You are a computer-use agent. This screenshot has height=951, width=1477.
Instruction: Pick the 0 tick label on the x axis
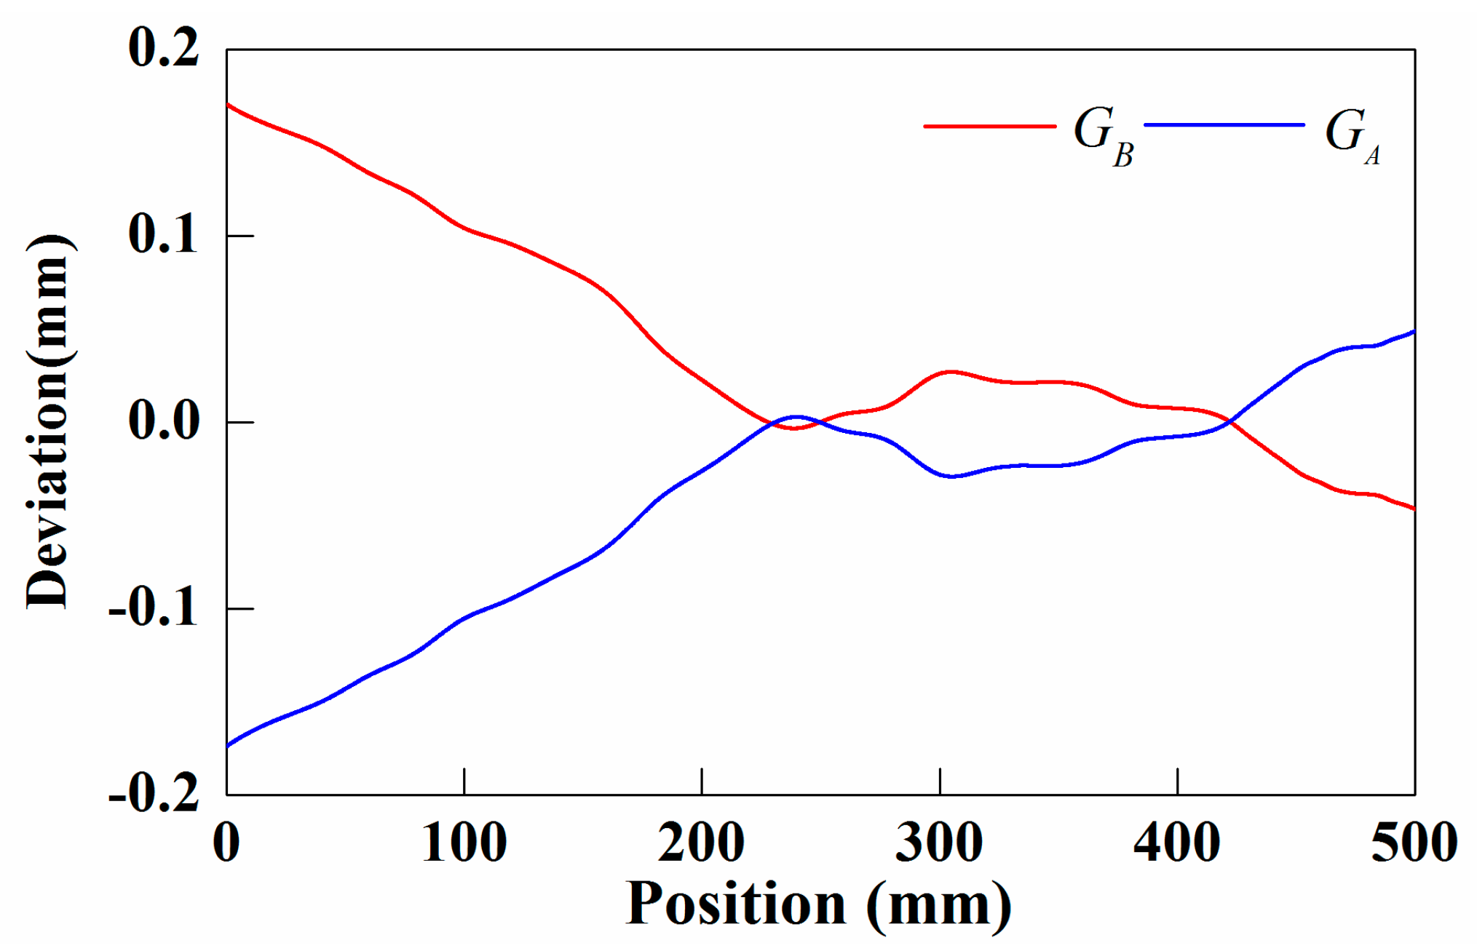point(226,843)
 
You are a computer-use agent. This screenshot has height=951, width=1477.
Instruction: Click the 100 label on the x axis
point(464,843)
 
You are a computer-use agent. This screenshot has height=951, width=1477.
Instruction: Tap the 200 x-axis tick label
point(701,843)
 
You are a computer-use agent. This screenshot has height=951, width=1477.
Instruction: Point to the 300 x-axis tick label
point(939,843)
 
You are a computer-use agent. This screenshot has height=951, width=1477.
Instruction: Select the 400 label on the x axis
point(1176,843)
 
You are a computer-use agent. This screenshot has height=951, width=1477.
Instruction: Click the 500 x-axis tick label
point(1414,843)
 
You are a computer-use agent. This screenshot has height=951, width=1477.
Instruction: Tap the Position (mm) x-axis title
point(818,904)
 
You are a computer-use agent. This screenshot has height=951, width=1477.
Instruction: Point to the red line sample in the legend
point(990,126)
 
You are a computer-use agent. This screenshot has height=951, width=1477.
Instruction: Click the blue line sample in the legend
point(1224,125)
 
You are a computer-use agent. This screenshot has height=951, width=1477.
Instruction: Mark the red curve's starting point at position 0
point(228,105)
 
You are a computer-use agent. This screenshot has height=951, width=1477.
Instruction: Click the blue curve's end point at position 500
point(1414,332)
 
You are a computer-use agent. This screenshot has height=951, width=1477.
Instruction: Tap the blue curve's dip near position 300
point(951,477)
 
